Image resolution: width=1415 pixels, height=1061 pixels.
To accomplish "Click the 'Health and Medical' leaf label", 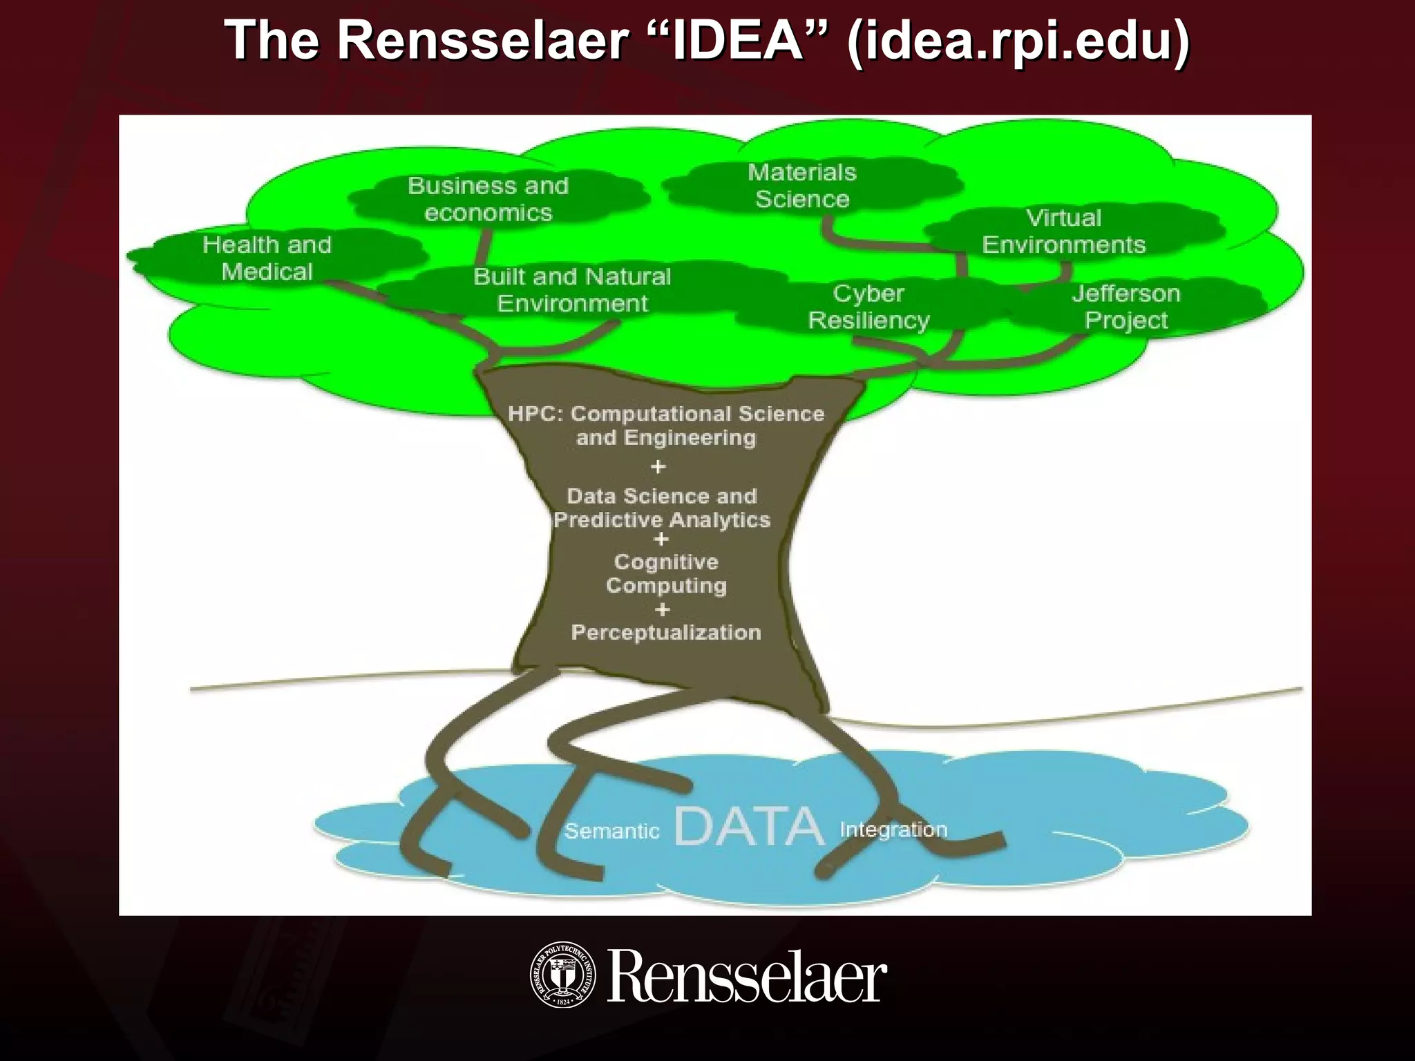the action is [267, 258].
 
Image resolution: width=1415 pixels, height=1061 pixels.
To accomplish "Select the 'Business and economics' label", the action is [488, 199].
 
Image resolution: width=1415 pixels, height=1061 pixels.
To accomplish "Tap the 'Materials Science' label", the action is [801, 185].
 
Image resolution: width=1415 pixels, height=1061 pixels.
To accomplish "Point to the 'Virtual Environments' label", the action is [1063, 231].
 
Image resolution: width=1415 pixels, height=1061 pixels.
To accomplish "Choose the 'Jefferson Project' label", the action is [1126, 306].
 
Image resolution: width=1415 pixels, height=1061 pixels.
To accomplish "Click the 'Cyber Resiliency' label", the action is [868, 306].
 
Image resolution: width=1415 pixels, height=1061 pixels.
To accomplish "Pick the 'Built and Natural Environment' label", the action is [572, 289].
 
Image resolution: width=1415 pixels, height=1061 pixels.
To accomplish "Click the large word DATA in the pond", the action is [749, 826].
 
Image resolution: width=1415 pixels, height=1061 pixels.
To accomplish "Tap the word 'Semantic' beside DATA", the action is [611, 830].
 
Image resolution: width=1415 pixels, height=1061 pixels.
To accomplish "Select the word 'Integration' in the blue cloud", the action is [893, 829].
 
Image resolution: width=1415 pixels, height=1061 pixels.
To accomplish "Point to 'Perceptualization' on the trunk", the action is [666, 632].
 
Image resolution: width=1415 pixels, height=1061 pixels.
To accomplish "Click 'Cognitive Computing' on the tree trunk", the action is [666, 573].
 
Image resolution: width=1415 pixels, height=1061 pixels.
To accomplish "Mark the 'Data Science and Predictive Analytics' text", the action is [662, 508].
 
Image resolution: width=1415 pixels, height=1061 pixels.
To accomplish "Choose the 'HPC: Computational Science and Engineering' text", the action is [666, 426].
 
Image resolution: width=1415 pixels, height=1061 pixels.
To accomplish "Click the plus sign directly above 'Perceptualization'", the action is [662, 609].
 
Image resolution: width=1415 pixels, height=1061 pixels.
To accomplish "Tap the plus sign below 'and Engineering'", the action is [658, 467].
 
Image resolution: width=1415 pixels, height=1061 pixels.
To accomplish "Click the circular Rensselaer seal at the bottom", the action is [562, 974].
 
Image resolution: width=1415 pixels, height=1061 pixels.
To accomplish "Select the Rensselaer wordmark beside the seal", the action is [746, 977].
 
